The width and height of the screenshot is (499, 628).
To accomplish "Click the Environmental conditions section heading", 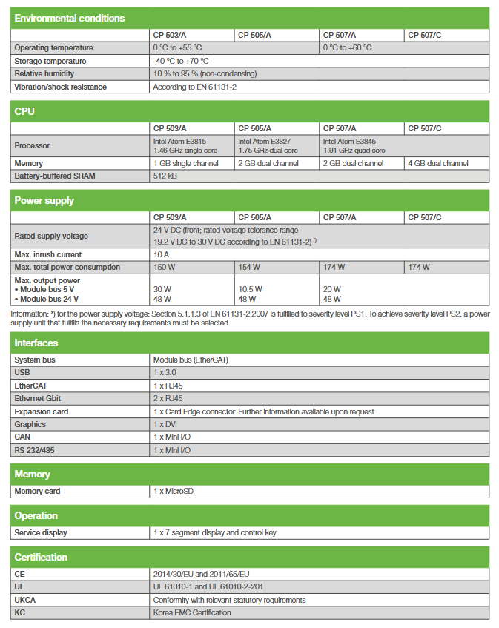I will [70, 18].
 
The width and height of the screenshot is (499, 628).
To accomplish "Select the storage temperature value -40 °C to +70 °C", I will [180, 61].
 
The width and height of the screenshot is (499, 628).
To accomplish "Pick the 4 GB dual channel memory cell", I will [438, 163].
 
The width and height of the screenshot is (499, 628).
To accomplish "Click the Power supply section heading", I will [44, 200].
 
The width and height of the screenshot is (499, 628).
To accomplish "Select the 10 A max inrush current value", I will [162, 254].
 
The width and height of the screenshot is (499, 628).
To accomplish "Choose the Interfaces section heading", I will [36, 343].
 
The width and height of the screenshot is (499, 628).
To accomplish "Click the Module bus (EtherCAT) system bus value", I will [191, 360].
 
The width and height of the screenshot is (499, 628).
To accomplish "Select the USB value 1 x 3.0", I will [166, 372].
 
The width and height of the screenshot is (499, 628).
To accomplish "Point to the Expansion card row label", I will [42, 411].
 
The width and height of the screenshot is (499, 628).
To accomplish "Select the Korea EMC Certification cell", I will [192, 612].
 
